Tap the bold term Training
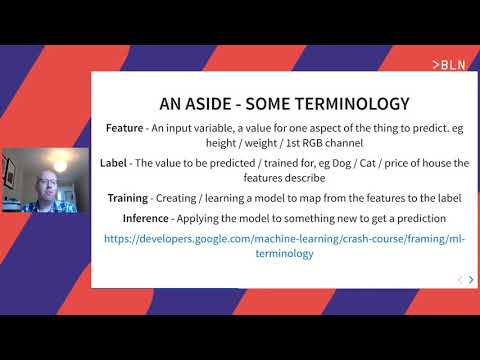(128, 198)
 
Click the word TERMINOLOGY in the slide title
(331, 103)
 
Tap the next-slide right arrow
(471, 279)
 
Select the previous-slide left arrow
(459, 279)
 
